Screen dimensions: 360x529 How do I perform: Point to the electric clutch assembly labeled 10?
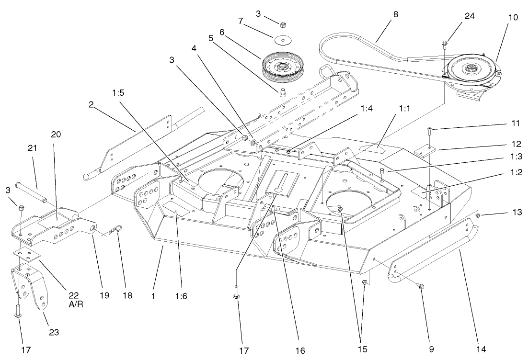(471, 72)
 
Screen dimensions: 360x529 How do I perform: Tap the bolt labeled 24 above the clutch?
(445, 45)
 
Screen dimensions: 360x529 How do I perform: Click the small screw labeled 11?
(429, 129)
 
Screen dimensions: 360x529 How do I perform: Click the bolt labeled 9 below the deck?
(421, 286)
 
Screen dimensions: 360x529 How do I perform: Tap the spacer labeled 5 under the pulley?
(283, 90)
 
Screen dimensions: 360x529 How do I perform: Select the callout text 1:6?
(181, 296)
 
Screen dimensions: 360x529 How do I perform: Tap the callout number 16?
(300, 350)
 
